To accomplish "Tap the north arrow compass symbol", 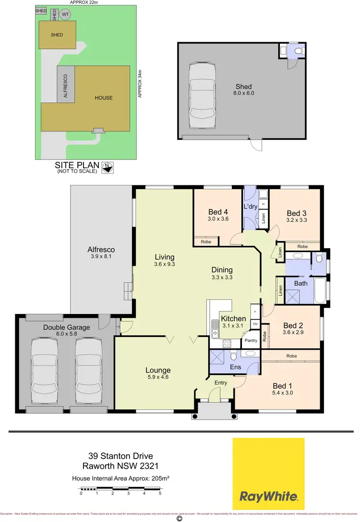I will (108, 168).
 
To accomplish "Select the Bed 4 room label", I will (218, 212).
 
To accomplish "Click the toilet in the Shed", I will (297, 50).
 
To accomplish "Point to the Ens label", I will (236, 366).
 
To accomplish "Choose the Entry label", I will (221, 382).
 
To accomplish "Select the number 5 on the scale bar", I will (160, 493).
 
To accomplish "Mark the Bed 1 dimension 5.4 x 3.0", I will (282, 393).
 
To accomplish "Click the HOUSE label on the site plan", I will (103, 98).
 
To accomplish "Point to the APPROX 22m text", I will (84, 2).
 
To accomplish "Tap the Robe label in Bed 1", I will (290, 356).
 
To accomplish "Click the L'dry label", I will (251, 206).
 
